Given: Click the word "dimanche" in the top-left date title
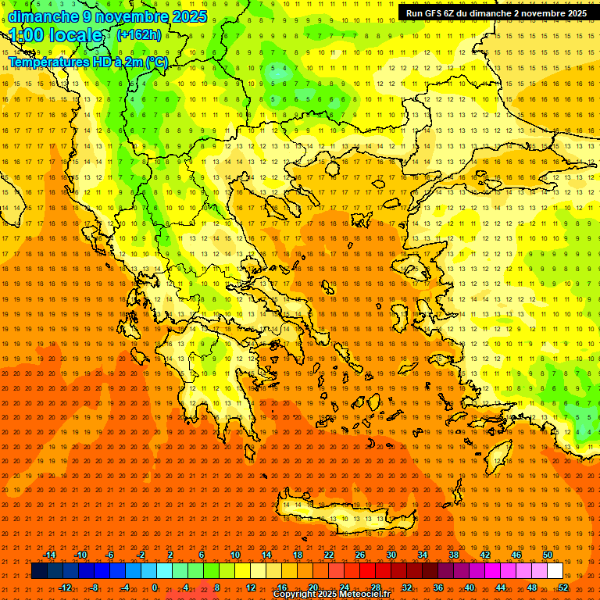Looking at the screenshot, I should pos(43,16).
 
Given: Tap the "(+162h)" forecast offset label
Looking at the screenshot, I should pos(138,34).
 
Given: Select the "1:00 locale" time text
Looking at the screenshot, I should pos(56,35).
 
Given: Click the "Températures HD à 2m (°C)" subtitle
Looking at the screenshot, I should pos(87,62).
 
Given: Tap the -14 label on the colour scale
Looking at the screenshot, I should pos(49,555).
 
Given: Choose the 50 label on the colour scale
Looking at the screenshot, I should pos(547,555).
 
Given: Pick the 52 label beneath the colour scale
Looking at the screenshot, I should pos(562,587).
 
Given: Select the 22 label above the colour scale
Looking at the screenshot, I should pos(329,555).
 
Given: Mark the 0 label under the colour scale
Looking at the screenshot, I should pos(155,587).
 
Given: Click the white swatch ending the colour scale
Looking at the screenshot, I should pos(555,571).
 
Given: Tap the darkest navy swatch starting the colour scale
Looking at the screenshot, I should pos(38,571).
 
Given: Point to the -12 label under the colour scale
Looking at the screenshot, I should pos(66,587).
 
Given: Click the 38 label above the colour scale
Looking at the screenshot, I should pos(454,555).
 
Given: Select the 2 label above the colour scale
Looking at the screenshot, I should pos(170,555).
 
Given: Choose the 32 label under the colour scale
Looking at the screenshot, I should pos(407,587).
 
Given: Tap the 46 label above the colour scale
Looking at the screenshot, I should pos(516,555).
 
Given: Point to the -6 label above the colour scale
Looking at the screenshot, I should pos(110,555).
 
